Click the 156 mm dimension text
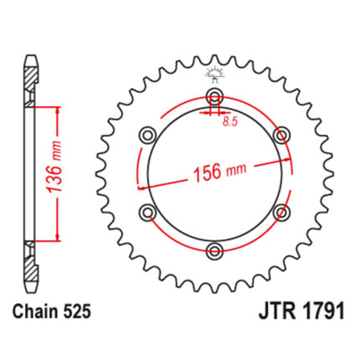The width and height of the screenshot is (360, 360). tap(220, 172)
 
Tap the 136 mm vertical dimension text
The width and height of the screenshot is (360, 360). tap(54, 167)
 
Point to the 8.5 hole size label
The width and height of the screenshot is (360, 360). tap(230, 121)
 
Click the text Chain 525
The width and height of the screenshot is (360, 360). tap(52, 311)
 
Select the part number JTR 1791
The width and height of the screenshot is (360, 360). tap(301, 311)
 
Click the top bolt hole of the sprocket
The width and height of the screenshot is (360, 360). tap(214, 97)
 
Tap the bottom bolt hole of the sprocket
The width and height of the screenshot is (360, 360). tap(214, 250)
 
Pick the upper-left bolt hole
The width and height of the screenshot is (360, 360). tap(147, 136)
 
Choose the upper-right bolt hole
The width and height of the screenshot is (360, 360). tap(281, 136)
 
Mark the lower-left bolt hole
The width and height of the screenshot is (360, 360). tap(147, 212)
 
